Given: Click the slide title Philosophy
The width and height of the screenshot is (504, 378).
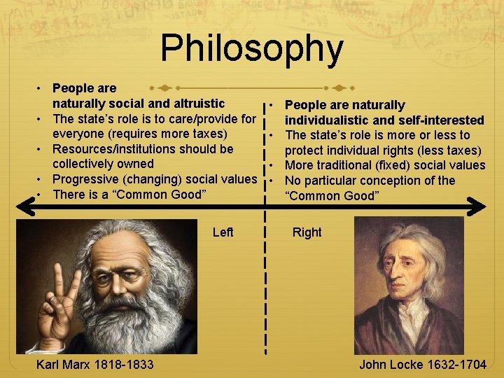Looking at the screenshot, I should pyautogui.click(x=252, y=48).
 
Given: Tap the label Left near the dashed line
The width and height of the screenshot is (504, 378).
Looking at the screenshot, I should pyautogui.click(x=223, y=232).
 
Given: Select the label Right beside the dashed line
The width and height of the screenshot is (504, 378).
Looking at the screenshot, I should pyautogui.click(x=307, y=232).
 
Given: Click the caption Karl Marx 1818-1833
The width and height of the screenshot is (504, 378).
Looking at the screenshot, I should pyautogui.click(x=96, y=364).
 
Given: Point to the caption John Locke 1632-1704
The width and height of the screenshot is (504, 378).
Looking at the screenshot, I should pyautogui.click(x=423, y=364).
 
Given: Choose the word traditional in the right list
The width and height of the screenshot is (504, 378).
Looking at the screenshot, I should pyautogui.click(x=353, y=165).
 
